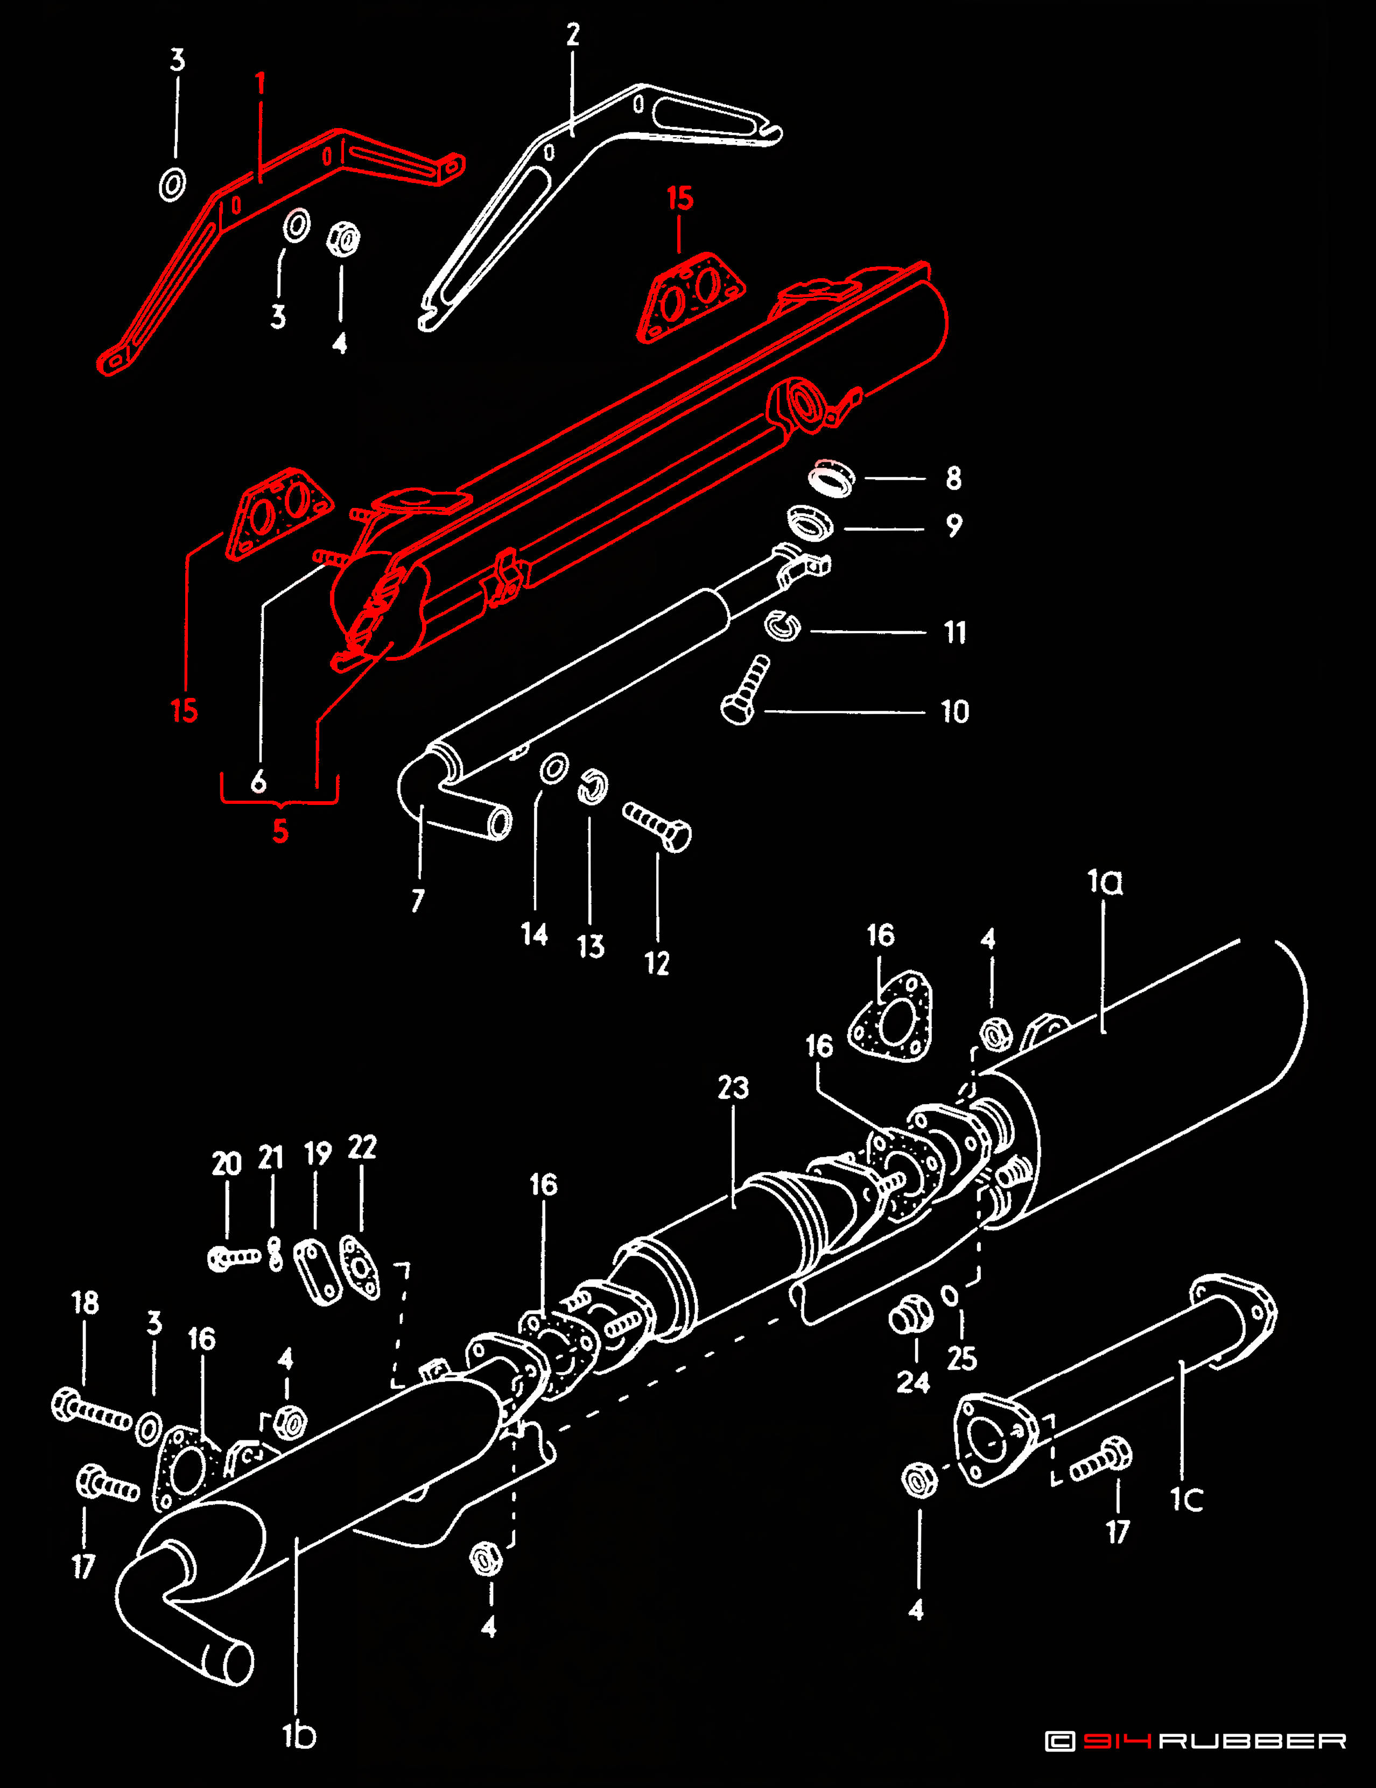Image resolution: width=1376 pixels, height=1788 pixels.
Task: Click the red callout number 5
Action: pos(280,831)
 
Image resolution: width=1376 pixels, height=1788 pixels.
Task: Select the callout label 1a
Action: pos(1104,882)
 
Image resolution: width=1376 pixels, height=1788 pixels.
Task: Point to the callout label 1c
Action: pos(1186,1499)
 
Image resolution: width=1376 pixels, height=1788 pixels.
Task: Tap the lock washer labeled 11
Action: pos(782,626)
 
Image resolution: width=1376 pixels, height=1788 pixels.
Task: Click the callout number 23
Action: pos(733,1088)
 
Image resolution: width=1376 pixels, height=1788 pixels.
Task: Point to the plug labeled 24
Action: pos(910,1316)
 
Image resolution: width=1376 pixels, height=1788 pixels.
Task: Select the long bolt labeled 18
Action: pos(91,1410)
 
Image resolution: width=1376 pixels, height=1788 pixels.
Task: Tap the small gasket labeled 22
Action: pos(360,1267)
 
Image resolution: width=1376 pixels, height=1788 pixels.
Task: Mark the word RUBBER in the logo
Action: pos(1252,1741)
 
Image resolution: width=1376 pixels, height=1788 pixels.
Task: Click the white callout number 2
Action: pos(572,34)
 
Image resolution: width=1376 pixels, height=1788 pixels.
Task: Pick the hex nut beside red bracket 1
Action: pos(343,239)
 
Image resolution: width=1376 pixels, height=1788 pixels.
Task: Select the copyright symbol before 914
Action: pos(1060,1741)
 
